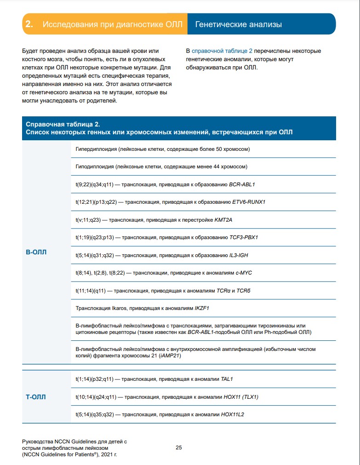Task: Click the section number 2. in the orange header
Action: click(29, 24)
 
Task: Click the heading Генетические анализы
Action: click(238, 24)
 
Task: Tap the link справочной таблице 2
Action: click(222, 51)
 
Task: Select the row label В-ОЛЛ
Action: click(36, 252)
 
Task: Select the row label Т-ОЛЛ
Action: click(36, 396)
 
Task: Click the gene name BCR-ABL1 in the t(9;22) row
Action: click(242, 184)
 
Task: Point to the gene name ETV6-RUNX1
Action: click(249, 202)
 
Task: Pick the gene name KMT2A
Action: click(223, 220)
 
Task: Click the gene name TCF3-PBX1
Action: click(244, 237)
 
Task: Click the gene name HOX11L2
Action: click(233, 414)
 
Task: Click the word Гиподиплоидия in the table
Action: click(95, 166)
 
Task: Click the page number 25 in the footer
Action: click(179, 448)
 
